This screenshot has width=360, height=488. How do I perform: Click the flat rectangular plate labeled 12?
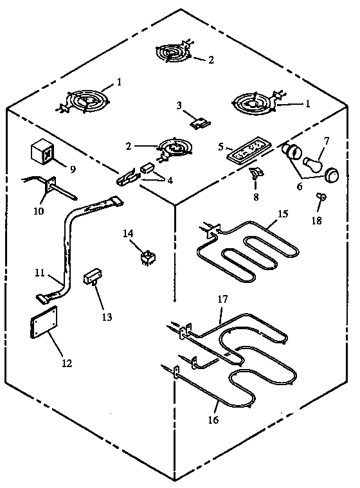pyautogui.click(x=42, y=322)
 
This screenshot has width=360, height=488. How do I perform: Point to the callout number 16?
pyautogui.click(x=213, y=420)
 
